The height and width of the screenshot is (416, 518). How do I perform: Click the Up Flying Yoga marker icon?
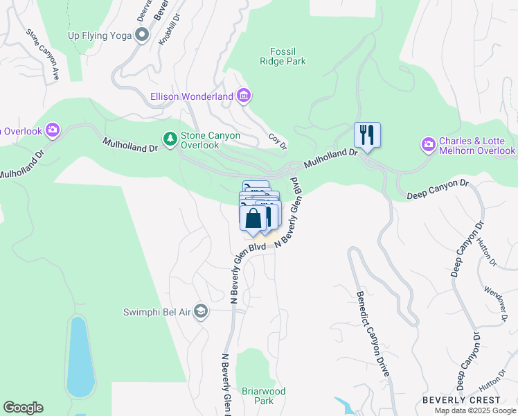(x=143, y=35)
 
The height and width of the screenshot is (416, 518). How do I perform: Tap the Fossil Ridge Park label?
(x=287, y=55)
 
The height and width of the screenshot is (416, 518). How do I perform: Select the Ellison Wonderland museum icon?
(x=243, y=96)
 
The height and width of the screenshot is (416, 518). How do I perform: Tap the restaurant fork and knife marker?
(x=367, y=135)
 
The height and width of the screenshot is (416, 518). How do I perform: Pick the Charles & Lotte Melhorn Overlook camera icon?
(x=428, y=144)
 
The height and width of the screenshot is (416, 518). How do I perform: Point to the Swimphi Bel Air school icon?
(x=201, y=311)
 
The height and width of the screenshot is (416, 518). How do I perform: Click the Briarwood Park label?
(x=262, y=396)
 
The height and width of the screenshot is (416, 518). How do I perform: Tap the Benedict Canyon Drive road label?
(x=372, y=333)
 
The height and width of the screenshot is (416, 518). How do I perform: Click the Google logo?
(x=23, y=408)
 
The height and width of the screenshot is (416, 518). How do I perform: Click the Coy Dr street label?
(x=278, y=141)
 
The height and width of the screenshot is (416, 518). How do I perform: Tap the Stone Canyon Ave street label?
(x=42, y=55)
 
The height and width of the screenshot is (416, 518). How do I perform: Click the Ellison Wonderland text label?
(x=192, y=97)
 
